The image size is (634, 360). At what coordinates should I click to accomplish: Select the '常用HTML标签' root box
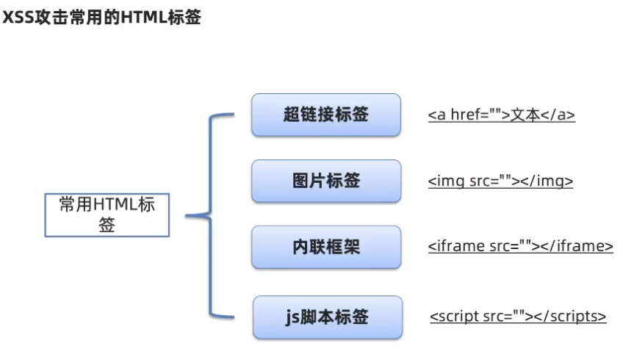pyautogui.click(x=107, y=215)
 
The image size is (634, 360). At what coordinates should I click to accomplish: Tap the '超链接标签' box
pyautogui.click(x=325, y=115)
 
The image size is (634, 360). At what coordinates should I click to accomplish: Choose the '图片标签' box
pyautogui.click(x=325, y=181)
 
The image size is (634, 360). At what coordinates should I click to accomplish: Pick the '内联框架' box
pyautogui.click(x=325, y=247)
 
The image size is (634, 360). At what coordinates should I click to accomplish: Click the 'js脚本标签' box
pyautogui.click(x=327, y=317)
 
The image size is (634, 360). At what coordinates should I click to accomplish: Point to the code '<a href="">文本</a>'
pyautogui.click(x=501, y=115)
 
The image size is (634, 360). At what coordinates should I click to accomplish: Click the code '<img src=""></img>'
pyautogui.click(x=500, y=181)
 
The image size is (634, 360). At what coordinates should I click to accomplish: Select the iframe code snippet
pyautogui.click(x=520, y=246)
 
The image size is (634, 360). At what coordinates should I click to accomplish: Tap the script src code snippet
pyautogui.click(x=518, y=317)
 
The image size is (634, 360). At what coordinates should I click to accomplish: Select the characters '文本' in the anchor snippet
pyautogui.click(x=526, y=115)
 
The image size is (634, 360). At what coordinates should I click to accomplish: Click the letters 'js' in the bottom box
pyautogui.click(x=293, y=317)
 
